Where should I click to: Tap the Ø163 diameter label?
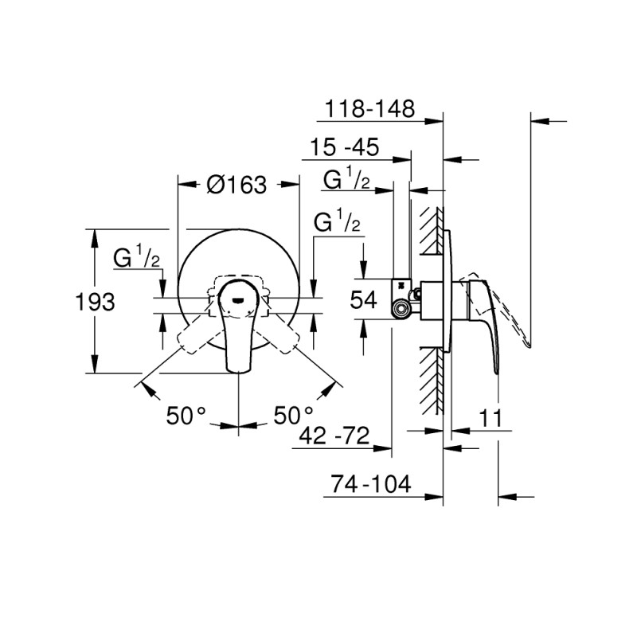point(236,185)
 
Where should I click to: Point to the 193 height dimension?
point(95,302)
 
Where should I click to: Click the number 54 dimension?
point(364,299)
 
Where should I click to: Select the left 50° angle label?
point(186,416)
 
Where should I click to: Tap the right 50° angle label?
point(294,416)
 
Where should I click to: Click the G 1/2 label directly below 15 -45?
point(346,181)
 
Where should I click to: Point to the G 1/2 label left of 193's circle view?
point(137,257)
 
